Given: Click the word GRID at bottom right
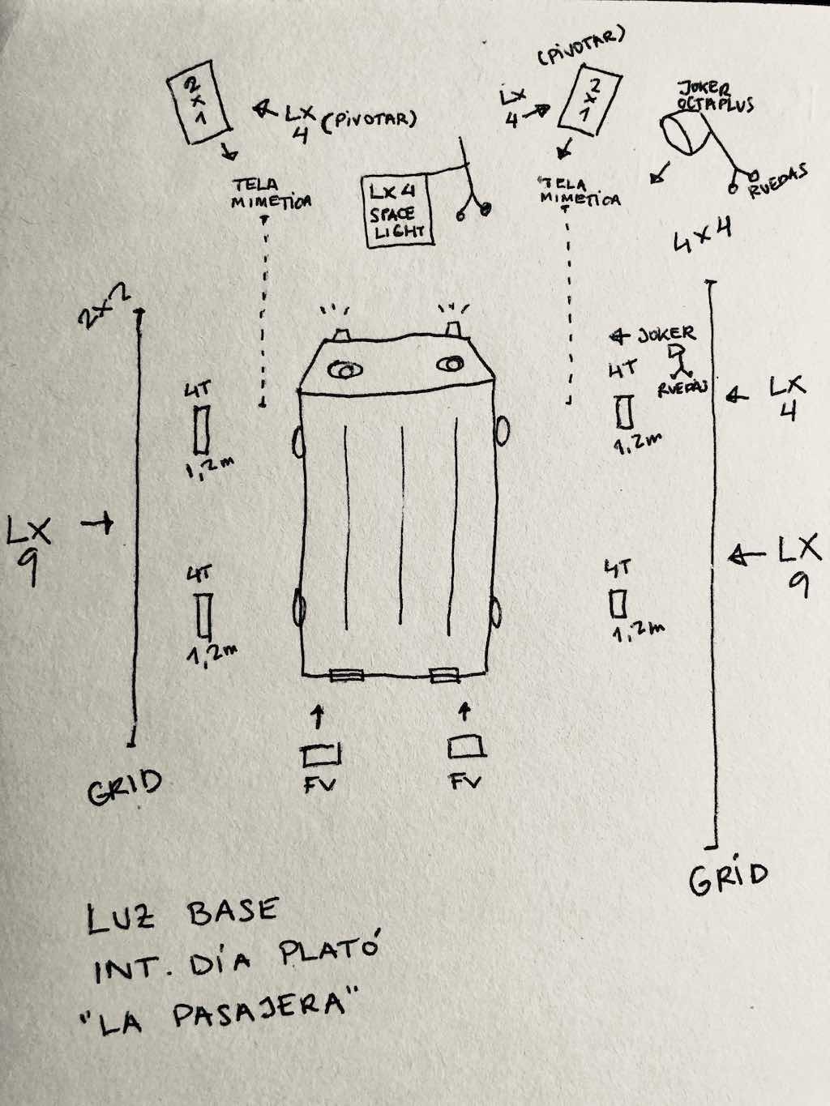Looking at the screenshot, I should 728,878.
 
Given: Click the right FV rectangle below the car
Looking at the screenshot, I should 468,745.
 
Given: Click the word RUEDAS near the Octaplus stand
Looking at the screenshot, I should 779,181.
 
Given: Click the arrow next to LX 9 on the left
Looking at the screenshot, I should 97,526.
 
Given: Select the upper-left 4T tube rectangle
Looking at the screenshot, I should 201,429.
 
